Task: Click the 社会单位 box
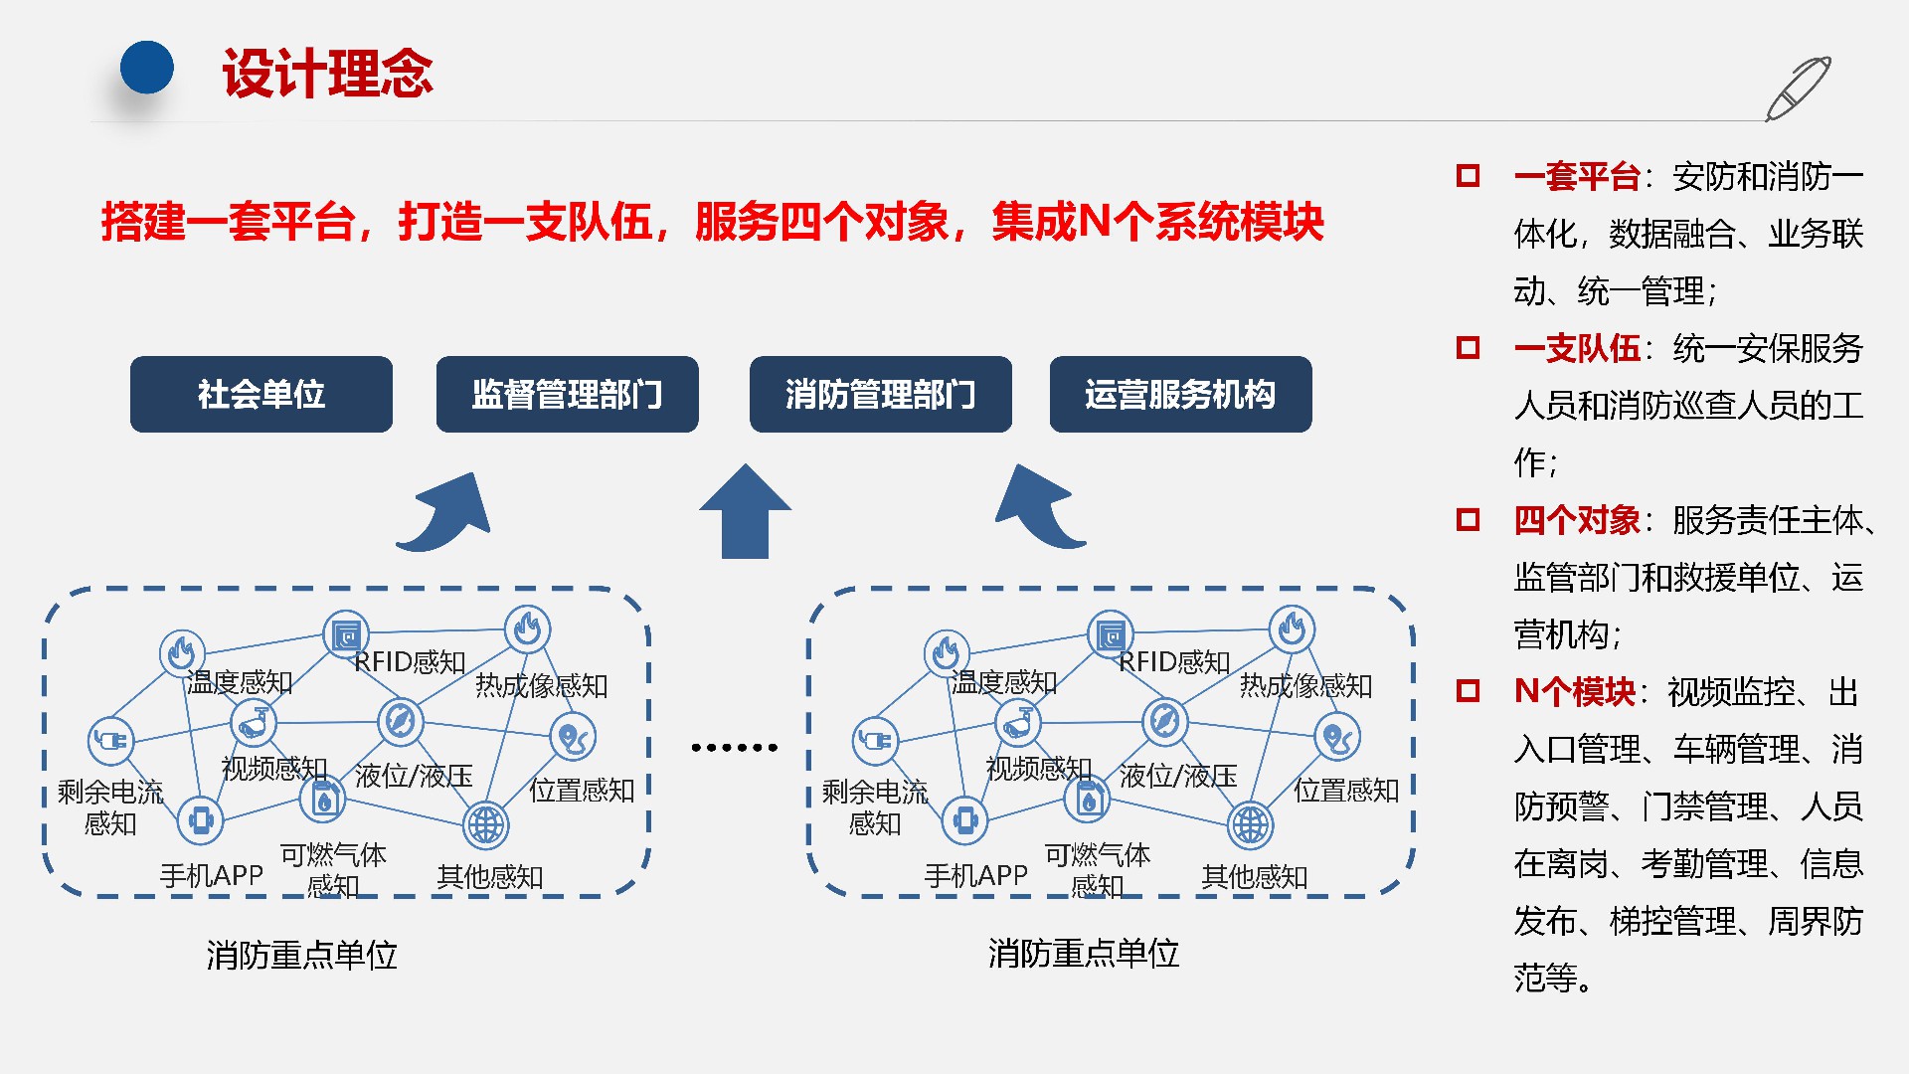click(260, 394)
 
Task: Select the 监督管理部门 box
click(567, 394)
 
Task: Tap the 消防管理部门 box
click(880, 394)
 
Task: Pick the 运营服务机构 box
click(1180, 394)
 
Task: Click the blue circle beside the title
click(147, 68)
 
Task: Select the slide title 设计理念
click(327, 74)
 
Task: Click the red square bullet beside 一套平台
click(1468, 176)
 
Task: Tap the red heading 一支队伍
click(1577, 348)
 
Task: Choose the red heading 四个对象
click(1577, 520)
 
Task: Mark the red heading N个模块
click(1574, 691)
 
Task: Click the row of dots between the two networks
click(734, 747)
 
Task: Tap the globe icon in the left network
click(486, 824)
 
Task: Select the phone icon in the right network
click(964, 820)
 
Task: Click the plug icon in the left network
click(110, 740)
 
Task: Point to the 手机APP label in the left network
click(211, 875)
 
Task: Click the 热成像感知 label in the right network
click(1305, 685)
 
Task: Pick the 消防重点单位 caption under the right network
click(1083, 954)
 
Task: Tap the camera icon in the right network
click(1017, 723)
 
